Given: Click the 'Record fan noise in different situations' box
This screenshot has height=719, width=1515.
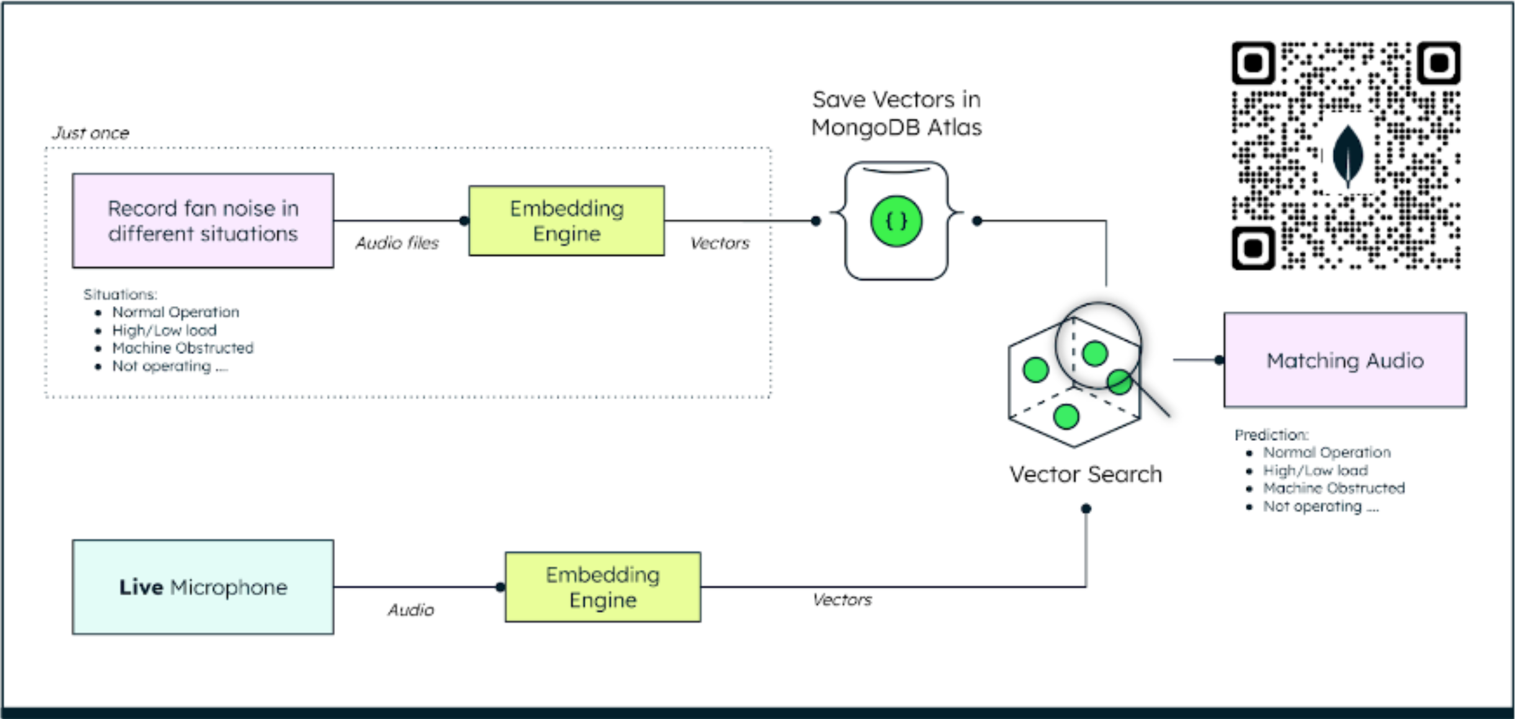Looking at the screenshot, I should pyautogui.click(x=203, y=221).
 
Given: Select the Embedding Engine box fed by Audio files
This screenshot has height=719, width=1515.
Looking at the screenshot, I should pyautogui.click(x=566, y=221).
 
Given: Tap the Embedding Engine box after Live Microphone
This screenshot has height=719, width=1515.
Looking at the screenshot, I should pyautogui.click(x=602, y=587).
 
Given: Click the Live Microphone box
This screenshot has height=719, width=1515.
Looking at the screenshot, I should pyautogui.click(x=203, y=587).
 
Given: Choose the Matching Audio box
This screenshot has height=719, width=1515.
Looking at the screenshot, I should pyautogui.click(x=1344, y=360).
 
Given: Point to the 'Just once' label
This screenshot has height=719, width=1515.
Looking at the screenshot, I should pyautogui.click(x=91, y=133).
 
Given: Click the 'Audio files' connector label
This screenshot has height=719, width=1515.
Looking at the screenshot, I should pyautogui.click(x=397, y=243).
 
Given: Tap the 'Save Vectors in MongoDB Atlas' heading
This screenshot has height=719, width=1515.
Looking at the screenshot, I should pyautogui.click(x=896, y=114).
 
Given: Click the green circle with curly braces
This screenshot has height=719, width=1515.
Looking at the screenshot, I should pyautogui.click(x=896, y=221).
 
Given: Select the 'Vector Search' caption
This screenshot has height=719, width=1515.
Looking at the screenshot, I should pyautogui.click(x=1085, y=474).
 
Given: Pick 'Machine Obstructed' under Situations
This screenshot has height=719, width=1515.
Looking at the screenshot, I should pyautogui.click(x=182, y=348).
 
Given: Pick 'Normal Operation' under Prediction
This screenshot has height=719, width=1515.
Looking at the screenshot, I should pyautogui.click(x=1326, y=452).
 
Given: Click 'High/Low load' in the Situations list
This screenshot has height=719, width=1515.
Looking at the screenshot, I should pyautogui.click(x=164, y=330).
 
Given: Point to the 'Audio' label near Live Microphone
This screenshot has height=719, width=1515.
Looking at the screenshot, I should pyautogui.click(x=411, y=610).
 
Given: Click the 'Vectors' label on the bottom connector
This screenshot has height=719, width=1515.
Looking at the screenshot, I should pyautogui.click(x=842, y=600).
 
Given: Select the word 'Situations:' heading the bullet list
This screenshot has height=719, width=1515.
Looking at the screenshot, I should pyautogui.click(x=120, y=294).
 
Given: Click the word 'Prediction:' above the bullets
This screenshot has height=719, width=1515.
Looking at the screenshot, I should pyautogui.click(x=1271, y=435).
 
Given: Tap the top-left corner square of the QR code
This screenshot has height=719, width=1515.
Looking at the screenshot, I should pyautogui.click(x=1253, y=63).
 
